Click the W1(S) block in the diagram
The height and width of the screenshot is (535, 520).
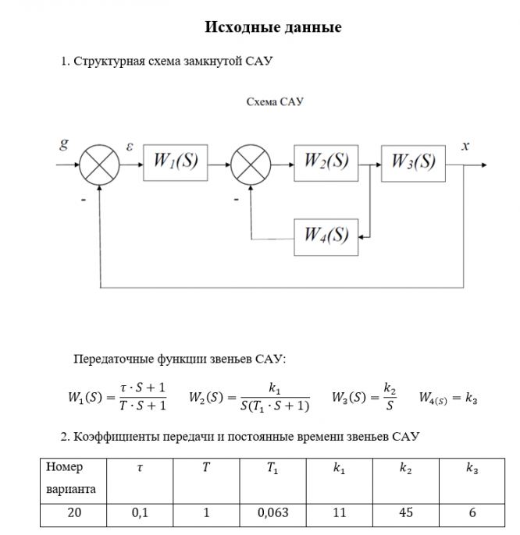click(x=176, y=162)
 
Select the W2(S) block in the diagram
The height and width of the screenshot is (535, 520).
click(x=326, y=162)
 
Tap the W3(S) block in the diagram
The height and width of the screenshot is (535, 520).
click(x=413, y=162)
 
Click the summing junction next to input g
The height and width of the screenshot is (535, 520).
click(x=100, y=165)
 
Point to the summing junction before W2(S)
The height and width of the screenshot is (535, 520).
click(x=251, y=165)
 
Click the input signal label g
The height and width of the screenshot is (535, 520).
click(x=63, y=144)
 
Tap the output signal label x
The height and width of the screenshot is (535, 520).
click(x=465, y=145)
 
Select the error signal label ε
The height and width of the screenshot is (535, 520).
click(x=130, y=145)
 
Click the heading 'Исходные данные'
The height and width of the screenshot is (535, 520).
click(x=273, y=28)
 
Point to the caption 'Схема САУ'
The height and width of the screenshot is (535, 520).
click(x=274, y=102)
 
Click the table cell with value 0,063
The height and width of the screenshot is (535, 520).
click(x=272, y=513)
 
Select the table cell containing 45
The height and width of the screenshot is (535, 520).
click(x=406, y=513)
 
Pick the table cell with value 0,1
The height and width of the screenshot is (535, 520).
click(x=140, y=513)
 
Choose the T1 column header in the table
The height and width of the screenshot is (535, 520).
click(x=272, y=469)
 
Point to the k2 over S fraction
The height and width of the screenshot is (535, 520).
click(x=390, y=397)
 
